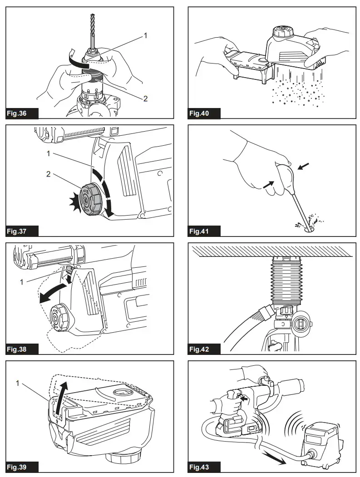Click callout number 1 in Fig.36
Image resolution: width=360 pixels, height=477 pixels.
click(145, 35)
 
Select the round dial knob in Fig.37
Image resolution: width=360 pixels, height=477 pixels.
click(90, 199)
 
